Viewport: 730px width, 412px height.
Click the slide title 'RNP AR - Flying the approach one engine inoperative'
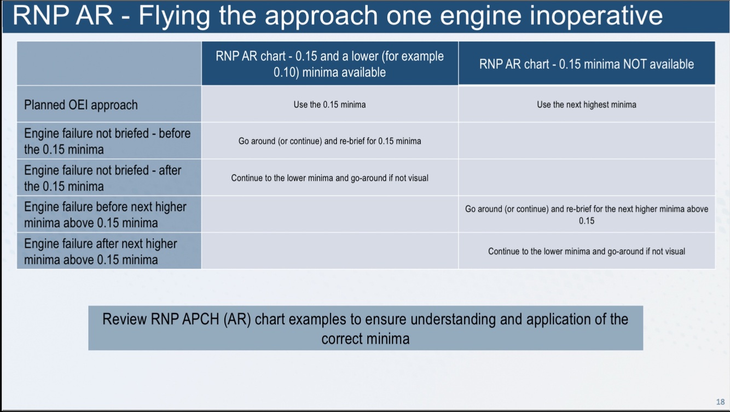[x=338, y=16]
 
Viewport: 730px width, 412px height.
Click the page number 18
[x=720, y=402]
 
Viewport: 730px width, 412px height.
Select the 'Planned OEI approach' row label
[x=81, y=105]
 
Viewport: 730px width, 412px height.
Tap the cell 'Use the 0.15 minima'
[x=329, y=105]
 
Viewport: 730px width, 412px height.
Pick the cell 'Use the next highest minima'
[x=586, y=105]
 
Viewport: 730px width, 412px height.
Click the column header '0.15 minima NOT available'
[x=586, y=64]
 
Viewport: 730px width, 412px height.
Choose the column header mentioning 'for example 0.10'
[x=329, y=64]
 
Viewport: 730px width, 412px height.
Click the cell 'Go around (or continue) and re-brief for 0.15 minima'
[x=329, y=141]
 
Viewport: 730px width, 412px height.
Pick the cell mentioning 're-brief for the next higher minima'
[x=586, y=214]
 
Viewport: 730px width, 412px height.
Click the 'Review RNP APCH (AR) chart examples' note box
[x=365, y=328]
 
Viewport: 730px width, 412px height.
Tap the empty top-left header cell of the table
[x=109, y=63]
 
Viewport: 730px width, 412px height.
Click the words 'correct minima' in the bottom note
[x=365, y=339]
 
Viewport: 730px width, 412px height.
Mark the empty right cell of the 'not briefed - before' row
[x=586, y=141]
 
